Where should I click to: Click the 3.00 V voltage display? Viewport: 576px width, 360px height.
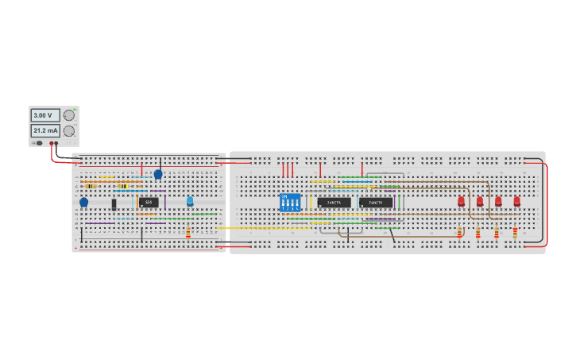point(44,115)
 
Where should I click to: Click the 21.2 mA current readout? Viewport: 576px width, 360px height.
point(44,130)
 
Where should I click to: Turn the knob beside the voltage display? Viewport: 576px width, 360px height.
point(69,115)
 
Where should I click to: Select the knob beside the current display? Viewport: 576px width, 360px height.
point(69,130)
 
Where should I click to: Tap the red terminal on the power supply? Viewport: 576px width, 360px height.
point(52,144)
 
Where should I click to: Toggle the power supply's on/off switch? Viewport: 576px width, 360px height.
point(37,144)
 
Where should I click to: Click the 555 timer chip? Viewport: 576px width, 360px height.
point(149,203)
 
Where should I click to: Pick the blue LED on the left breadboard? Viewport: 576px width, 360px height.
point(190,201)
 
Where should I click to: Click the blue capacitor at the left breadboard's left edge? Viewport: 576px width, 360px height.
point(83,203)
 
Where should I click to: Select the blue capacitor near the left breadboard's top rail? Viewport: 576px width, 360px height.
point(158,174)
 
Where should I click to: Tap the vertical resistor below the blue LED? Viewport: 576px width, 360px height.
point(188,232)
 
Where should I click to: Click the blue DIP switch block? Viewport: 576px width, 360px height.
point(291,202)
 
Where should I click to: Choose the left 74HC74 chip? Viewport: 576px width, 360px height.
point(334,203)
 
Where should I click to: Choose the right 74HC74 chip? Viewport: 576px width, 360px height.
point(376,203)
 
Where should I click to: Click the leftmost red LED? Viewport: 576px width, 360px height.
point(461,201)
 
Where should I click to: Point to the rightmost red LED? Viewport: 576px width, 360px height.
point(516,201)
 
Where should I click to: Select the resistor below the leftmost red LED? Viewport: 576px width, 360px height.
point(459,232)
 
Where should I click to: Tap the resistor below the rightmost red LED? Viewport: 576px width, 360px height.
point(515,232)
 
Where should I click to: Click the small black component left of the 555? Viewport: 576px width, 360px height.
point(114,204)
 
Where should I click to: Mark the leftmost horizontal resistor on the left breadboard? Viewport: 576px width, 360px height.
point(91,186)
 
